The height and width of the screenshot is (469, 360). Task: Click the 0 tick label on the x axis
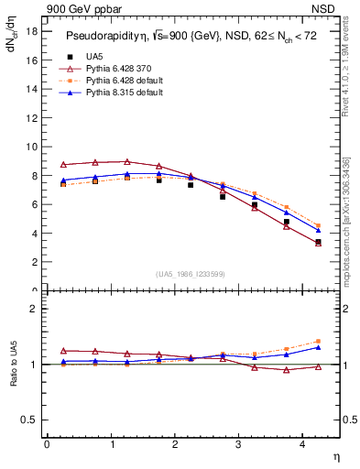point(47,444)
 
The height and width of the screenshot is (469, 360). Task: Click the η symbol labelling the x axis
point(334,455)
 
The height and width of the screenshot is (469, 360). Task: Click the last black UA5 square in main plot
point(318,242)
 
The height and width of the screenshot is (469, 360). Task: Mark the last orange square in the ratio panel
point(318,341)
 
